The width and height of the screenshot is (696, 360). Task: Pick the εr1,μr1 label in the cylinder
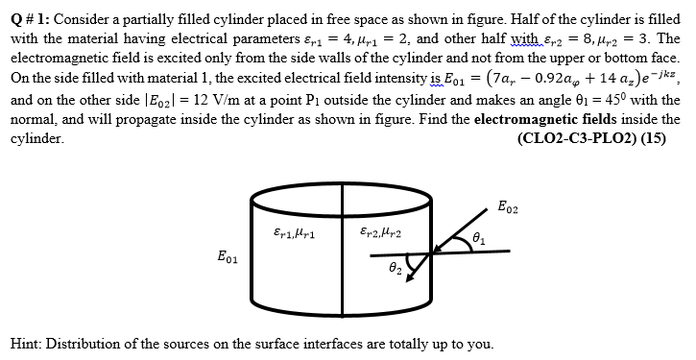289,231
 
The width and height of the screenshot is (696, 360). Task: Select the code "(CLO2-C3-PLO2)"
574,137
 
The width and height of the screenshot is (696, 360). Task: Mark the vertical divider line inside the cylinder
344,254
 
